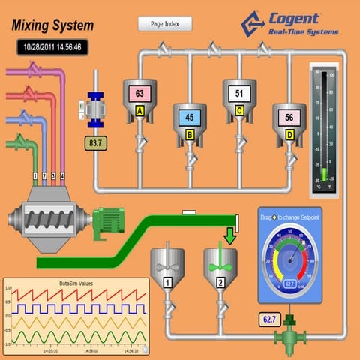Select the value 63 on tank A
[139, 94]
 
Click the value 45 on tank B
[189, 117]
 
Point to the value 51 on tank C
[238, 94]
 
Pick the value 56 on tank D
[289, 117]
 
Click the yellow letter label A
[139, 111]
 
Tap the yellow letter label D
[289, 135]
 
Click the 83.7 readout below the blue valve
[94, 142]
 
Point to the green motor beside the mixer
[107, 222]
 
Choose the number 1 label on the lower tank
[169, 282]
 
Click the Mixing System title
[53, 25]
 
